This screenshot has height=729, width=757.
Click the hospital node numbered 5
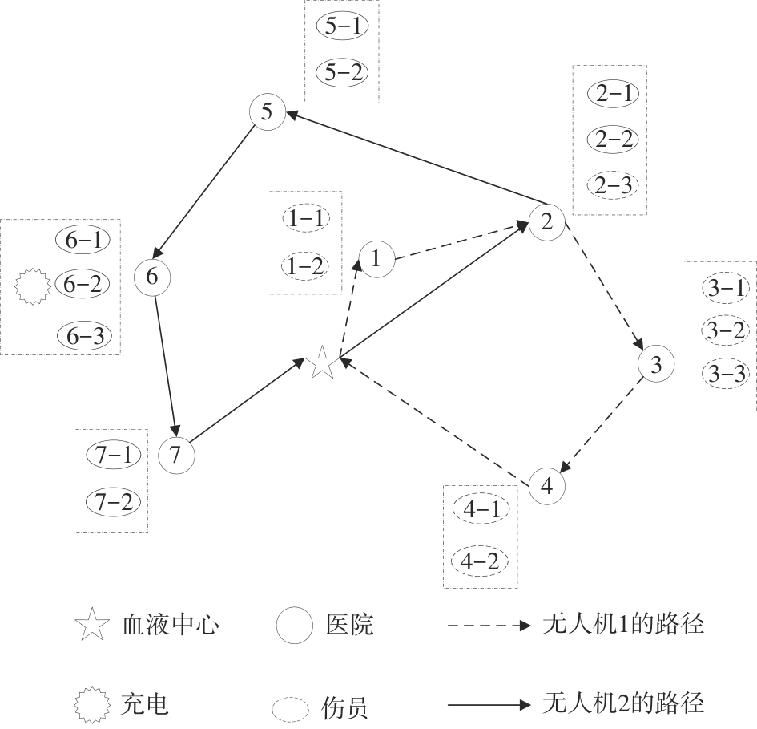tap(268, 112)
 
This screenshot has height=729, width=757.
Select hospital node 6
tap(153, 276)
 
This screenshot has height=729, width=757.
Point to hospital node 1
tap(377, 258)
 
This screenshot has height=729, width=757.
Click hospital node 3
tap(656, 366)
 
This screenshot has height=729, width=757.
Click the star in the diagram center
tap(322, 362)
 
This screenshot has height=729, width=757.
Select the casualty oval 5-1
tap(342, 26)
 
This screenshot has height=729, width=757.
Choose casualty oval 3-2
tap(724, 330)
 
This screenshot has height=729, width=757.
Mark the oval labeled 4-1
tap(479, 508)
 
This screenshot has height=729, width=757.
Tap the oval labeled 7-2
tap(112, 502)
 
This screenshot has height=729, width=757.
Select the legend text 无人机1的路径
tap(624, 623)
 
